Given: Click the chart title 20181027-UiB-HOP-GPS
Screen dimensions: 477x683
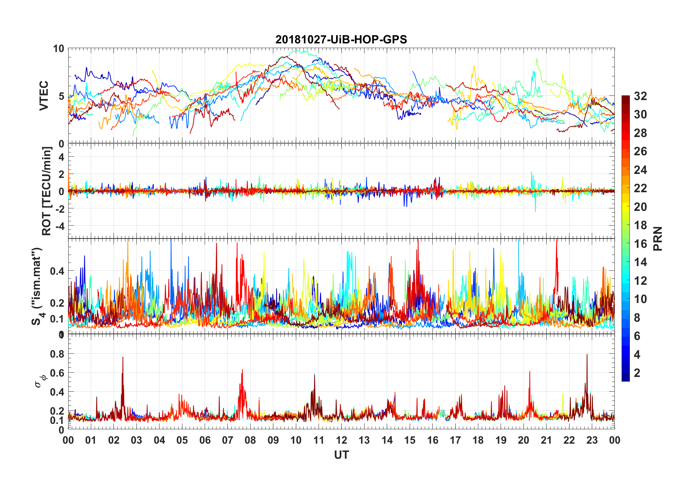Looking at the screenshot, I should tap(341, 39).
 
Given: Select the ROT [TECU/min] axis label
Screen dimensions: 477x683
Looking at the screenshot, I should tap(47, 191).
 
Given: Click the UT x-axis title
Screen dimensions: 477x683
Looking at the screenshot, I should tap(341, 455).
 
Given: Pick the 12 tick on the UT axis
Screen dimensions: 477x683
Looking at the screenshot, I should tap(341, 440).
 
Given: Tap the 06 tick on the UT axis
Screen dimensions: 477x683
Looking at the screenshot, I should tap(205, 440).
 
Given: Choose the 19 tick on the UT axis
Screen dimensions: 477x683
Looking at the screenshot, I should tap(501, 440).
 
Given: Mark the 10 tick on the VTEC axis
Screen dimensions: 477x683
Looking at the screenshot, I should tap(59, 48).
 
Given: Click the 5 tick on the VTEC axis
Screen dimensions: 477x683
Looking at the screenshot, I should tap(61, 96).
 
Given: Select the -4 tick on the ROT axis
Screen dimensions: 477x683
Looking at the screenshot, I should tap(59, 226).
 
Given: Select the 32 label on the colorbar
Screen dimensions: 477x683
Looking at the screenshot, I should tap(640, 96).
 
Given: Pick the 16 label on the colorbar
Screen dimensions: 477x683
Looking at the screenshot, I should tap(640, 244).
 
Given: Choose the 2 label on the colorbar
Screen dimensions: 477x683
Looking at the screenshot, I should tap(637, 373).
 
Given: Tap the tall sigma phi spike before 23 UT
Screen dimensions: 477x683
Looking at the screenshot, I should tap(587, 355).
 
